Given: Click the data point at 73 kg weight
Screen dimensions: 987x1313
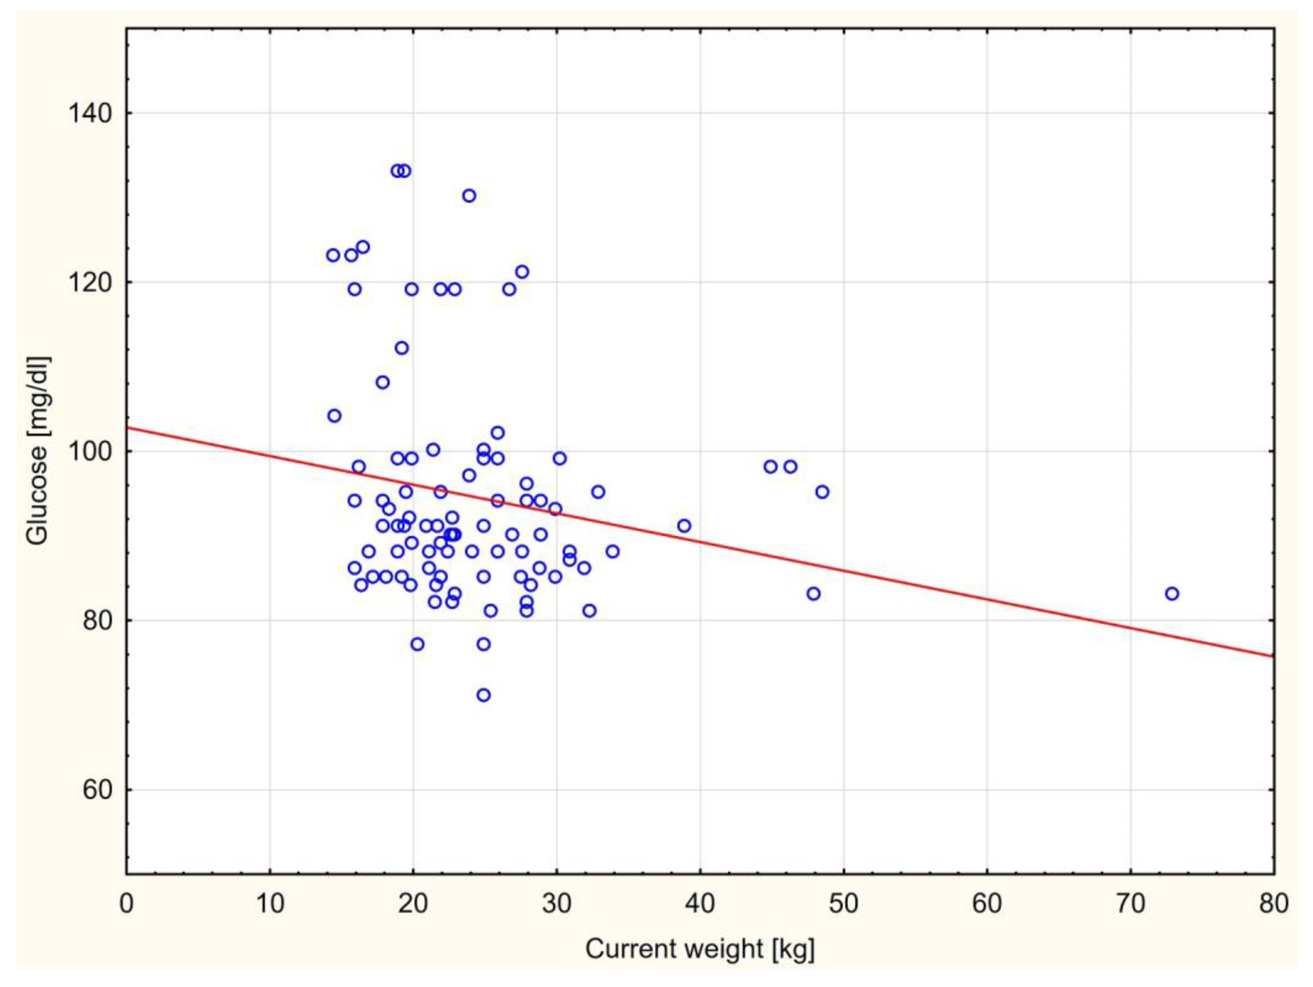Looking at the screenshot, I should click(x=1172, y=594).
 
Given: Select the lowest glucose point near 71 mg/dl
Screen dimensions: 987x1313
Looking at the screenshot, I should click(x=484, y=695).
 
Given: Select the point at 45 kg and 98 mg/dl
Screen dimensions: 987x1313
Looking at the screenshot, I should click(x=770, y=467).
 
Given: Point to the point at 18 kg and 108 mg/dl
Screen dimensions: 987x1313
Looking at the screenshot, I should click(x=383, y=382).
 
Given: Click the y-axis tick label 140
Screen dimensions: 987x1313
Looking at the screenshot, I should click(x=89, y=113).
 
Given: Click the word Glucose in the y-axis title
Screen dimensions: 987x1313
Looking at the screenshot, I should click(x=37, y=495).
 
